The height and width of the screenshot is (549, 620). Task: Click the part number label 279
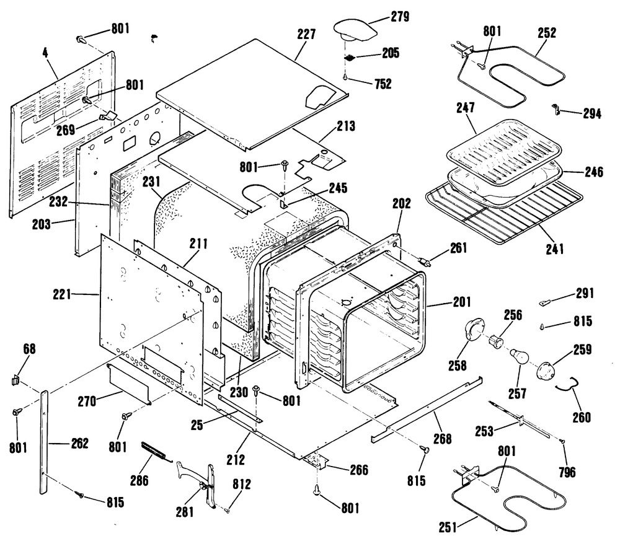coord(399,17)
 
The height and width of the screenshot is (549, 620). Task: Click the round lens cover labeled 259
coord(546,369)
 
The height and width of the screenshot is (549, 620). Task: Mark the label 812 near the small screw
coord(242,485)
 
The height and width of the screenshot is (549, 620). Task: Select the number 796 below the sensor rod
coord(566,472)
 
